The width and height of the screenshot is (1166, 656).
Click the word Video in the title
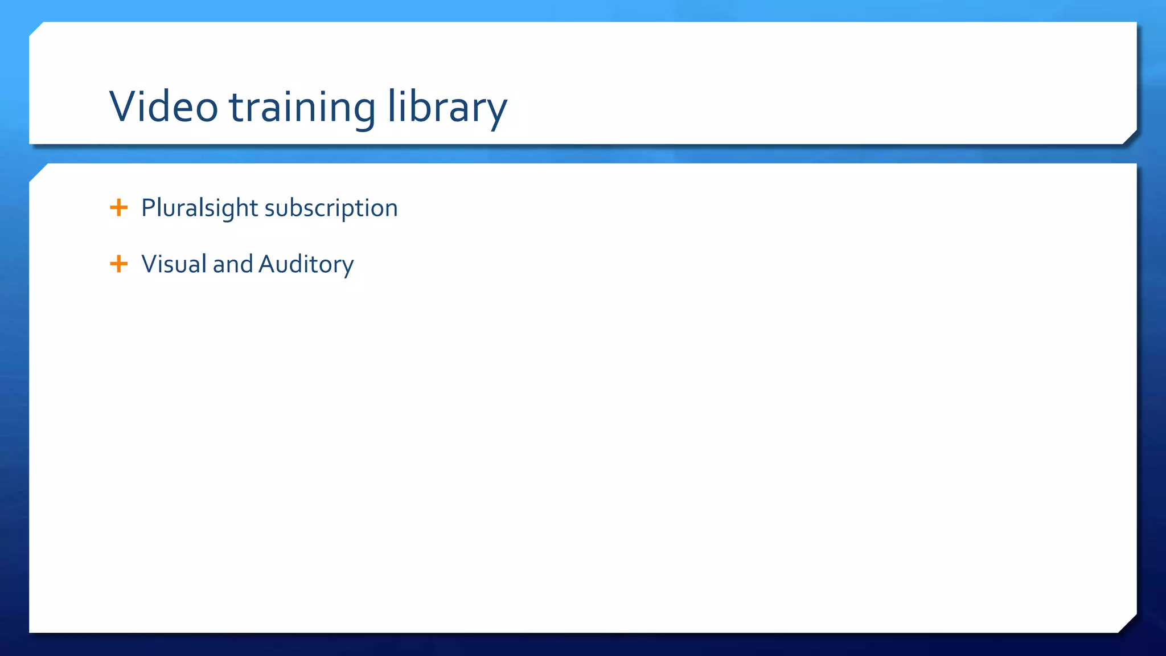[163, 106]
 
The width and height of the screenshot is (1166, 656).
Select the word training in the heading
[302, 108]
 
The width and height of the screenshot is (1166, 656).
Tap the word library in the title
[447, 108]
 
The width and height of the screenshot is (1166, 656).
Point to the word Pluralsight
[199, 208]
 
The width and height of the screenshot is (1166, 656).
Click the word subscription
[331, 209]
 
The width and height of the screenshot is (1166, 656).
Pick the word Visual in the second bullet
[174, 264]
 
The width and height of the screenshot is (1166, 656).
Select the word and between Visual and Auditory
[232, 264]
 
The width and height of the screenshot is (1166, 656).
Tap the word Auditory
[306, 265]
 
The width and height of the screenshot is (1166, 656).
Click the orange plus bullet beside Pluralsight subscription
[118, 207]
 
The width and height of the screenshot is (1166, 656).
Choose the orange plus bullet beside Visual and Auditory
[118, 264]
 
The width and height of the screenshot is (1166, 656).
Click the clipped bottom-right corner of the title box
[1130, 137]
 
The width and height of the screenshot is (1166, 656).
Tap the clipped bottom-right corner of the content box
[1128, 624]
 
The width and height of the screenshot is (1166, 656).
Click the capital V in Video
[124, 106]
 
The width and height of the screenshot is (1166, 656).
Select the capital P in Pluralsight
[148, 207]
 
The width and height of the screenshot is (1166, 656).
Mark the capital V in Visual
[150, 264]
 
